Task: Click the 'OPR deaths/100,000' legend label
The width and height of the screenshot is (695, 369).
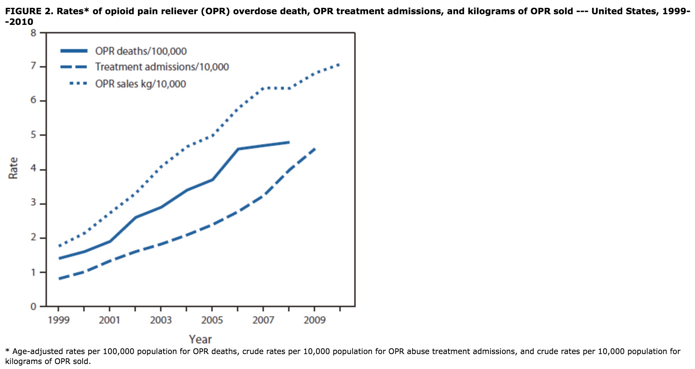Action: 141,51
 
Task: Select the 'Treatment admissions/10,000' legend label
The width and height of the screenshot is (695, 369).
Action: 162,67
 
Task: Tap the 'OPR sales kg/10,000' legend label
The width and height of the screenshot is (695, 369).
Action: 140,84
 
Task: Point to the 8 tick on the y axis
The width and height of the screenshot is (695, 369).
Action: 33,33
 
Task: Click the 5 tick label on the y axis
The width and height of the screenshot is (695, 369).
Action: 33,135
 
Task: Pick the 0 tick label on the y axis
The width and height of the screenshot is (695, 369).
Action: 33,306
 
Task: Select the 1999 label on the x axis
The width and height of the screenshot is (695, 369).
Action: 59,320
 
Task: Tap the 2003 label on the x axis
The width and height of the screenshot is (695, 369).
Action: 161,320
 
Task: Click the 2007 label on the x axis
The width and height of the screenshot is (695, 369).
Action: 263,320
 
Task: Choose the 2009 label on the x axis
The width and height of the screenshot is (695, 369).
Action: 314,320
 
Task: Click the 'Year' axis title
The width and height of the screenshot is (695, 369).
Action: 200,339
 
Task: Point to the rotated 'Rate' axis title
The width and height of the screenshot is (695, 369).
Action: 13,168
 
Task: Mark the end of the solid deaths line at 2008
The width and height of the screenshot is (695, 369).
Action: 289,142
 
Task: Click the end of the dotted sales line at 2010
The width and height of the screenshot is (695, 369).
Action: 340,64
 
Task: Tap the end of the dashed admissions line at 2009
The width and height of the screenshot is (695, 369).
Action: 315,149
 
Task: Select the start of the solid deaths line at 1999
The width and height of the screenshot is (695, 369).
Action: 59,258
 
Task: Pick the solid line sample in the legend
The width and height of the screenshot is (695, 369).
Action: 74,51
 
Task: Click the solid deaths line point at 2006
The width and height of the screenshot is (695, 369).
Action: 238,149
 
